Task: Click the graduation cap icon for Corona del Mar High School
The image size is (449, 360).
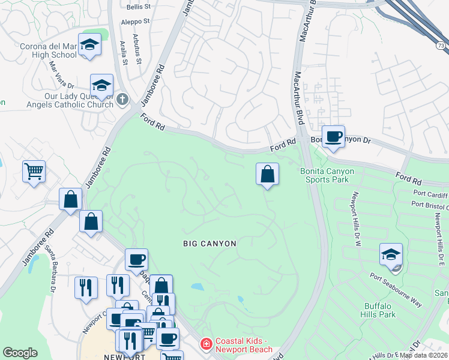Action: [x=90, y=46]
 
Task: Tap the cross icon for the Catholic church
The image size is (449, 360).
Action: [x=123, y=98]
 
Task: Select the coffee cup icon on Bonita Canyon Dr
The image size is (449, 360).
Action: [x=333, y=136]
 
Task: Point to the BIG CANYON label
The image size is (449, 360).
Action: [x=209, y=243]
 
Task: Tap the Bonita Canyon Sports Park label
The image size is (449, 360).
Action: [x=327, y=175]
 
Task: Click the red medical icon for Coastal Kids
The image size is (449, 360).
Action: [x=206, y=344]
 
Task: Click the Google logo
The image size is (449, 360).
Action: [x=20, y=353]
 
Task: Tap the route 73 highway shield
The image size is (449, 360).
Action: [x=441, y=45]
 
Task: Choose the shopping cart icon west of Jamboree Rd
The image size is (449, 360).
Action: [x=34, y=171]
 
